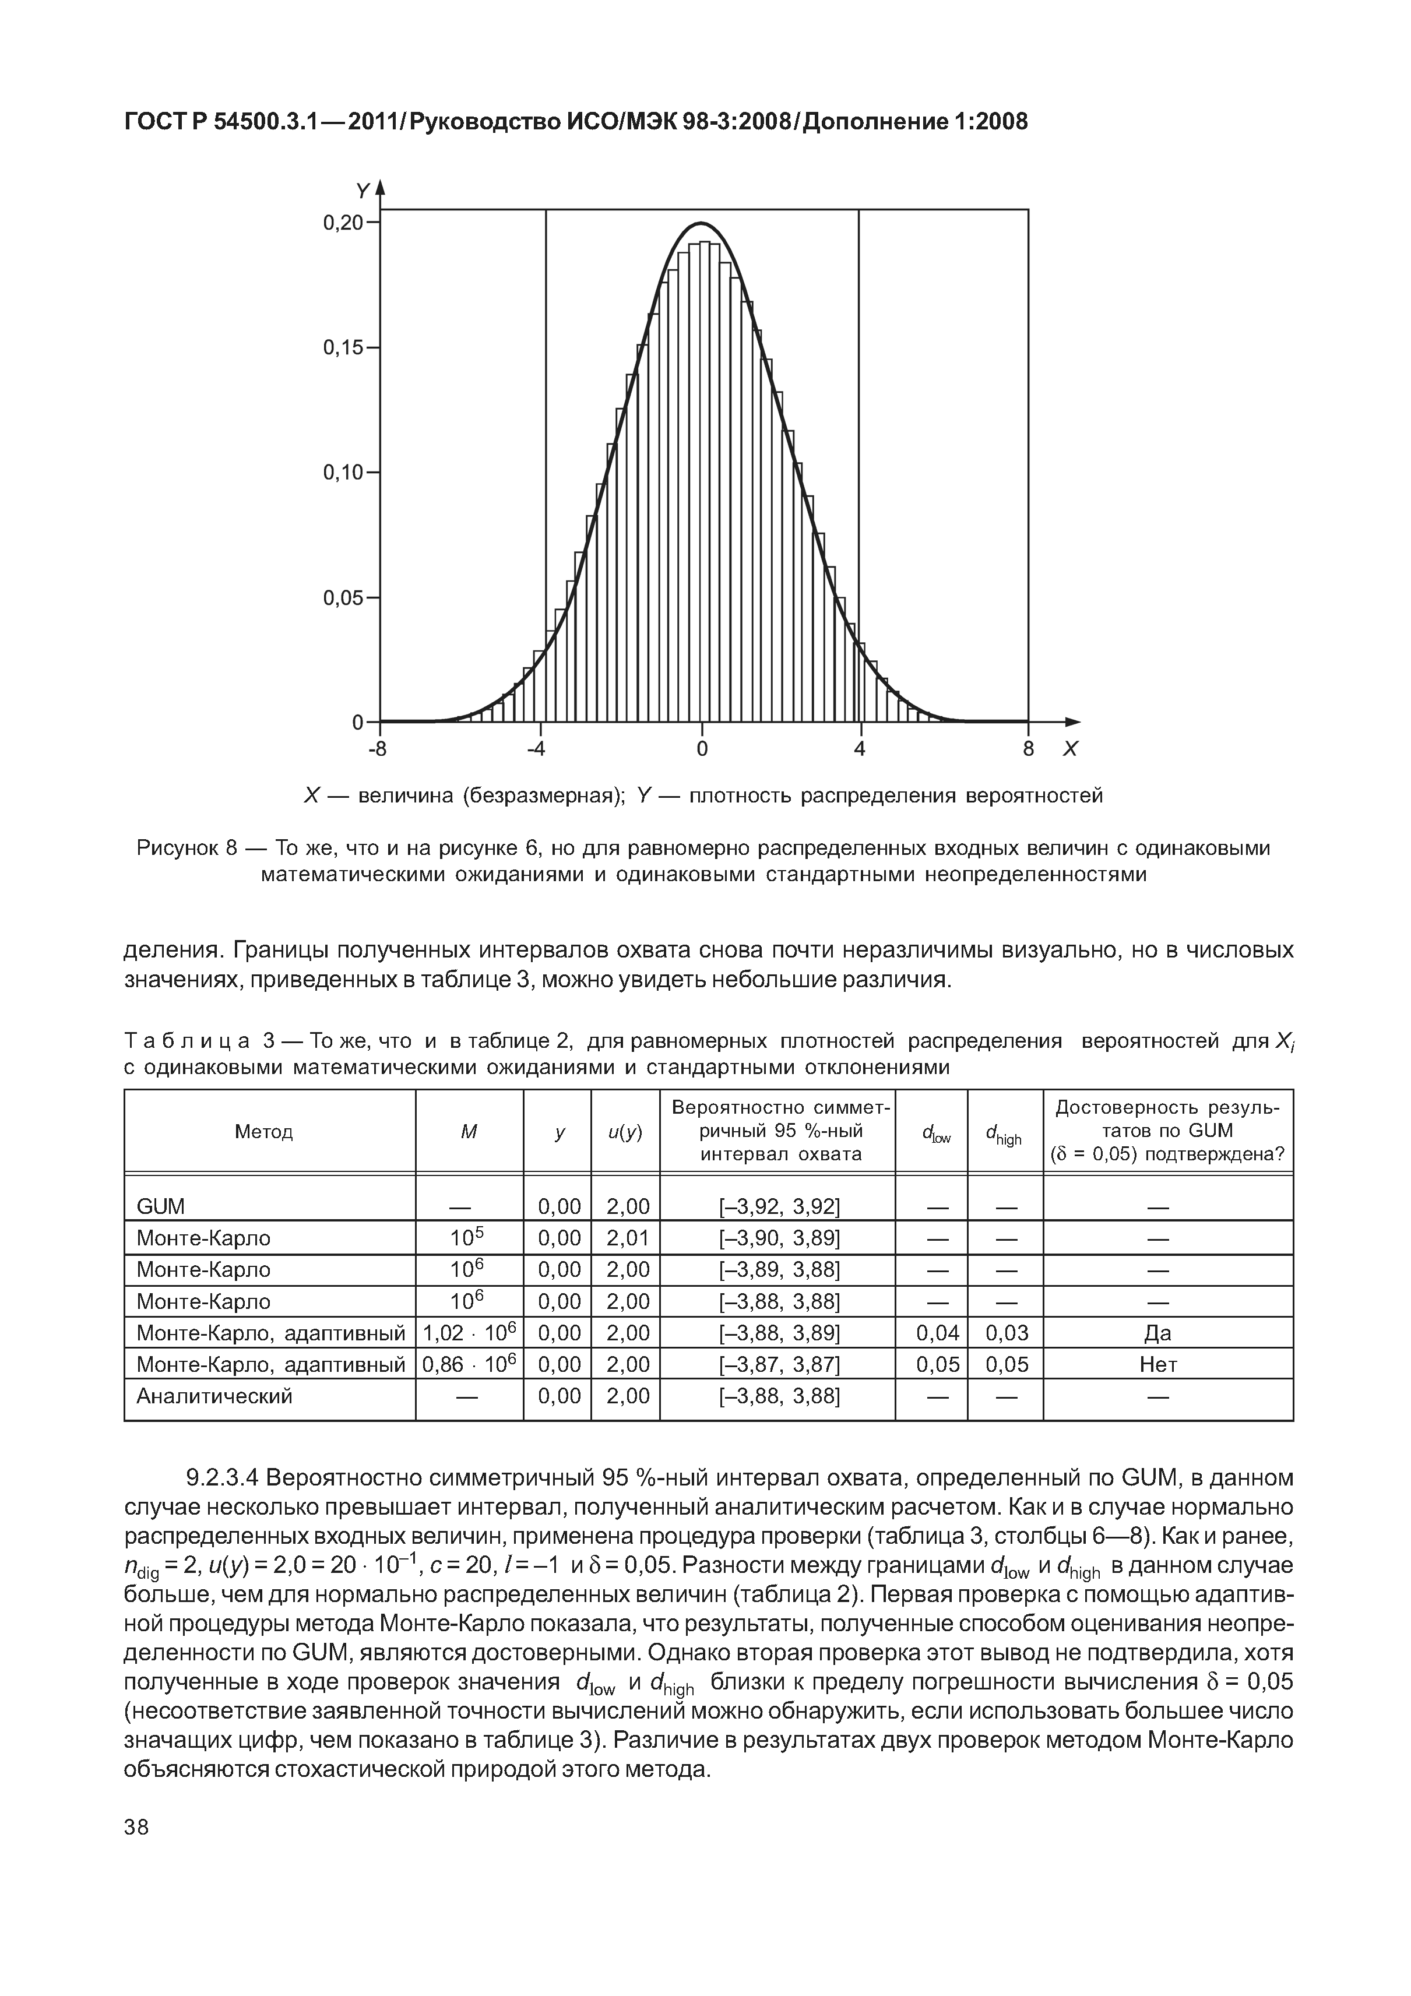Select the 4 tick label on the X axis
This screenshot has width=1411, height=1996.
pyautogui.click(x=860, y=749)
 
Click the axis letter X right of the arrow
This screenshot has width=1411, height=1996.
pyautogui.click(x=1070, y=749)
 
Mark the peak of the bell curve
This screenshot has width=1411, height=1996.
pyautogui.click(x=702, y=224)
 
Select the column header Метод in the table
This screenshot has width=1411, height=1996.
pyautogui.click(x=264, y=1132)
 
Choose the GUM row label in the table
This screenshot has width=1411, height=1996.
pyautogui.click(x=161, y=1207)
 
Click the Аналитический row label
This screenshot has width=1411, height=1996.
pyautogui.click(x=214, y=1396)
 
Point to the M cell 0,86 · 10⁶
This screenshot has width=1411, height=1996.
pyautogui.click(x=470, y=1365)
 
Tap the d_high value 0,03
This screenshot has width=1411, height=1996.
pyautogui.click(x=1007, y=1333)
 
